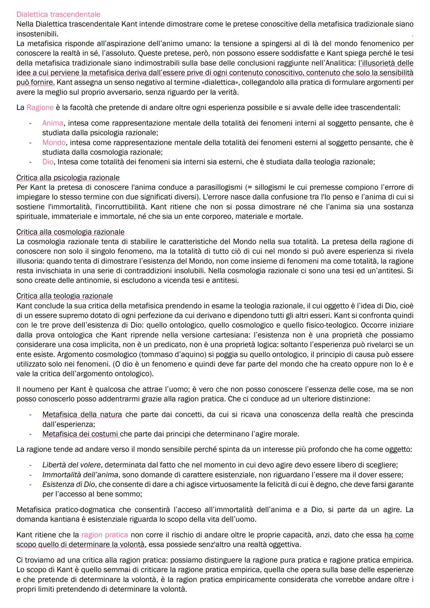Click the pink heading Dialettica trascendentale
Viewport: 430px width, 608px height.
(x=58, y=14)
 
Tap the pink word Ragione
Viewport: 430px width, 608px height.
(x=40, y=108)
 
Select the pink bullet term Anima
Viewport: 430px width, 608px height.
(x=53, y=123)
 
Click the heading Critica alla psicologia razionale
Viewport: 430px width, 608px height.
(x=68, y=178)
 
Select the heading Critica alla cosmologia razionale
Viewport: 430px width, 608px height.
(x=70, y=232)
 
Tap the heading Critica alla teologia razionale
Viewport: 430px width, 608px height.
(x=64, y=296)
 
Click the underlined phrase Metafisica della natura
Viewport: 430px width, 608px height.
(x=82, y=414)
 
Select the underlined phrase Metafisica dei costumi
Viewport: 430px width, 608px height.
(x=81, y=434)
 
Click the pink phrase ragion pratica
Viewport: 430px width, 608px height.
(x=104, y=535)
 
